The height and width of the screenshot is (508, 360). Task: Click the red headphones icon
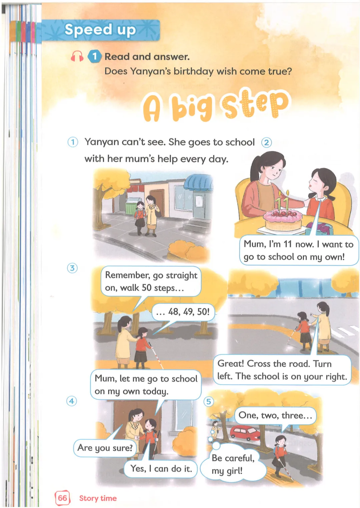click(x=77, y=56)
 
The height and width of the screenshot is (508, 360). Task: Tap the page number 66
click(x=62, y=498)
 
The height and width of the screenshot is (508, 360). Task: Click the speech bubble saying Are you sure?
click(x=105, y=448)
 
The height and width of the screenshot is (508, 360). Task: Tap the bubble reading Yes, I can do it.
click(x=161, y=469)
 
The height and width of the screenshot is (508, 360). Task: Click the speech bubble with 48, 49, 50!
click(x=183, y=312)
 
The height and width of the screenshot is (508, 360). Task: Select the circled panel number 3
click(x=72, y=268)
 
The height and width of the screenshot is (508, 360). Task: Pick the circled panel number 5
click(x=208, y=402)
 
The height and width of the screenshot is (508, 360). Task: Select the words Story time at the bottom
click(x=98, y=498)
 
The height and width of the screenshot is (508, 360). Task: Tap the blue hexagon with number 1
click(x=94, y=56)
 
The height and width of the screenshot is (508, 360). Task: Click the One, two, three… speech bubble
click(x=275, y=415)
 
